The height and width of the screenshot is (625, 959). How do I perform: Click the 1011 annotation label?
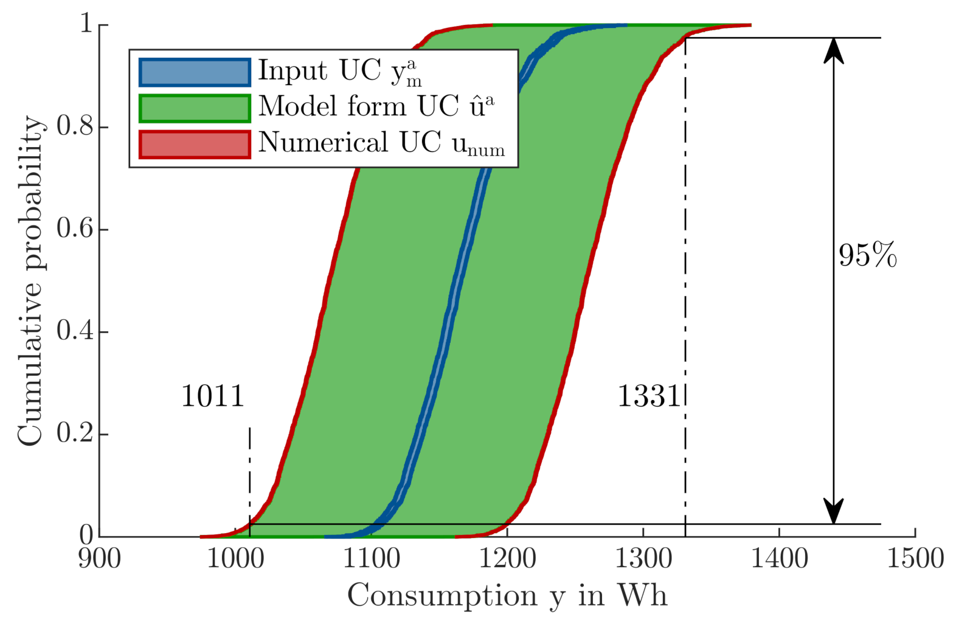[x=212, y=396]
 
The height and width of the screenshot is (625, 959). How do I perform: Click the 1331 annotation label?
[x=649, y=396]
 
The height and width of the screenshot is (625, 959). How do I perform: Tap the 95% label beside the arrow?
[x=867, y=255]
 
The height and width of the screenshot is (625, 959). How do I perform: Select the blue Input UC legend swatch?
[x=195, y=72]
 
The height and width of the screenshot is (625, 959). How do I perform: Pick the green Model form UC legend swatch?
[x=195, y=108]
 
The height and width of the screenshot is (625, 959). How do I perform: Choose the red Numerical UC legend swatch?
[x=195, y=144]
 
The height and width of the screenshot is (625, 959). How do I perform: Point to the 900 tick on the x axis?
[x=99, y=558]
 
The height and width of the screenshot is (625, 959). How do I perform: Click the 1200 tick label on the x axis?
[x=507, y=558]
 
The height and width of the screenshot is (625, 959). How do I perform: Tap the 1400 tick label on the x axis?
[x=780, y=558]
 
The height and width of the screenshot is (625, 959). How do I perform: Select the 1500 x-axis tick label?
[x=915, y=558]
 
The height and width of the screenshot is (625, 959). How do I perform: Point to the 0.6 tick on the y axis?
[x=75, y=229]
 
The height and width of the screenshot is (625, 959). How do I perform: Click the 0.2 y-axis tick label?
[x=75, y=434]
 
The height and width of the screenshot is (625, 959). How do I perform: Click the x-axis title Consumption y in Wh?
[x=507, y=595]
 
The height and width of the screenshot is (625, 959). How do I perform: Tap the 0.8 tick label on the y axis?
[x=75, y=127]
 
